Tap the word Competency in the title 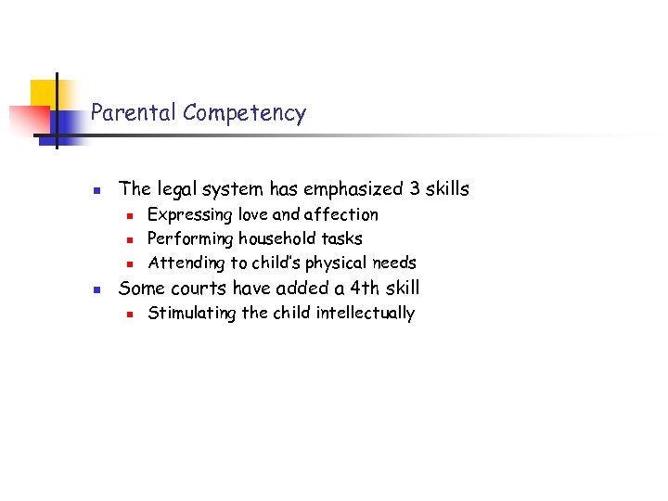point(244,114)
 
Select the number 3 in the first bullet point(414,189)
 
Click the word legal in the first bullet point(176,189)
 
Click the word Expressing point(190,215)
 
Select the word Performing point(190,239)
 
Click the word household point(276,238)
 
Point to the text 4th point(356,288)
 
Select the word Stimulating point(192,313)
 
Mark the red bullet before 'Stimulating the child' point(131,315)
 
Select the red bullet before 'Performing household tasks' point(131,240)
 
